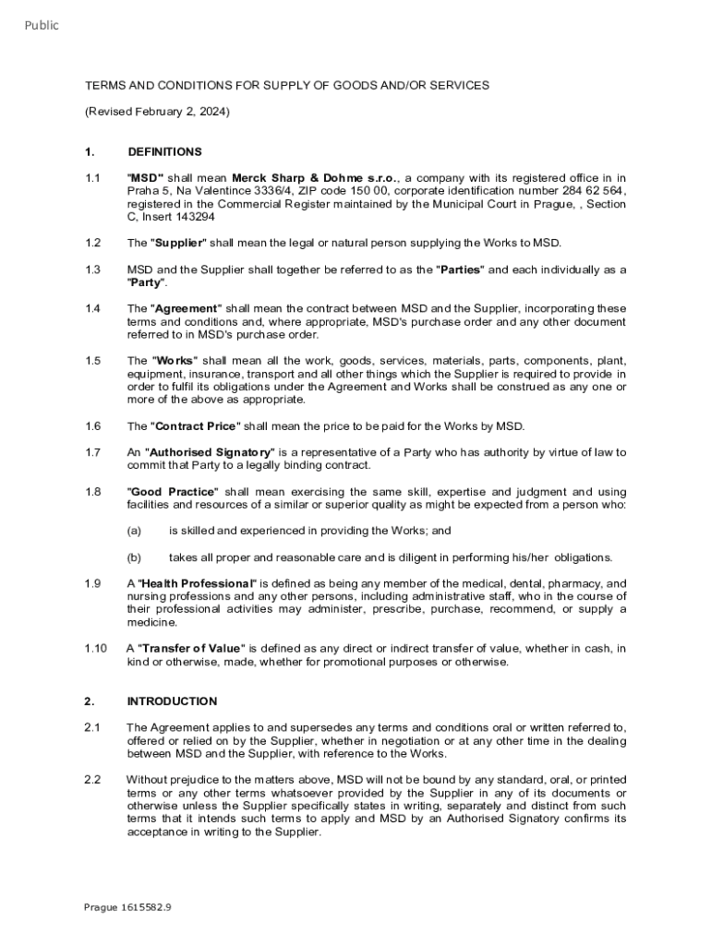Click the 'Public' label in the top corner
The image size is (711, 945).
(x=42, y=26)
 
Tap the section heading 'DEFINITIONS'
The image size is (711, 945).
(x=164, y=151)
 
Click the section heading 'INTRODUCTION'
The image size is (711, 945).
(x=172, y=700)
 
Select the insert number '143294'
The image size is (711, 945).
(x=196, y=217)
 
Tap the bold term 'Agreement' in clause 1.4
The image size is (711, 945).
(x=187, y=308)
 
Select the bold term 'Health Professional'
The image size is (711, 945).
(x=197, y=583)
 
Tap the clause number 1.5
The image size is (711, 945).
(x=92, y=361)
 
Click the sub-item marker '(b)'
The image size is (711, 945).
(x=134, y=557)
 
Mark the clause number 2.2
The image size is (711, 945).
(x=92, y=779)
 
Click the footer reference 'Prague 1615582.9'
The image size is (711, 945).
(x=127, y=907)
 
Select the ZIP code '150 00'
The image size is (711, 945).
(x=380, y=191)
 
